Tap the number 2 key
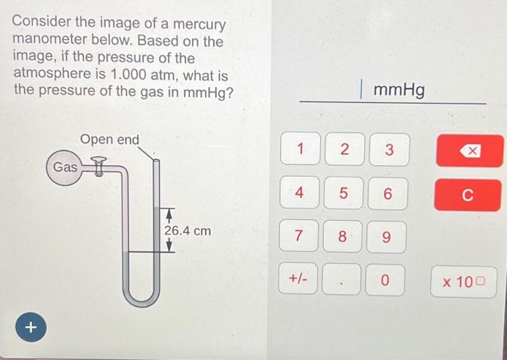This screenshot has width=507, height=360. tap(344, 150)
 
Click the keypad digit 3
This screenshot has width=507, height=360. tap(388, 150)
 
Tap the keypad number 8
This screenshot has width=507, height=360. tap(344, 236)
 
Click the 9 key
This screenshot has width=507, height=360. tap(388, 237)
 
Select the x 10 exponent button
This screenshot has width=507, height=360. tap(468, 280)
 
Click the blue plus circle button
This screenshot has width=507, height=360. tap(30, 327)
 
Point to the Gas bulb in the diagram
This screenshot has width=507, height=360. tap(64, 167)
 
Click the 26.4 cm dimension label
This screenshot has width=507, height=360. tap(188, 231)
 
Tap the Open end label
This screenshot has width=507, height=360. tap(109, 139)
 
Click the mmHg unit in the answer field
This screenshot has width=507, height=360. tap(399, 90)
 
